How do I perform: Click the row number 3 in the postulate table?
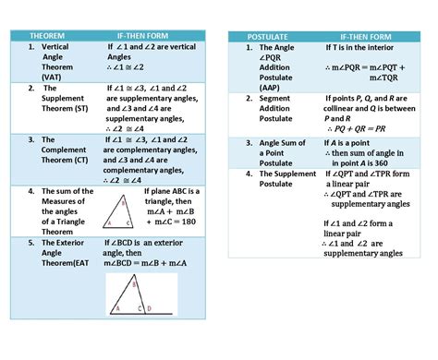pyautogui.click(x=249, y=143)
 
